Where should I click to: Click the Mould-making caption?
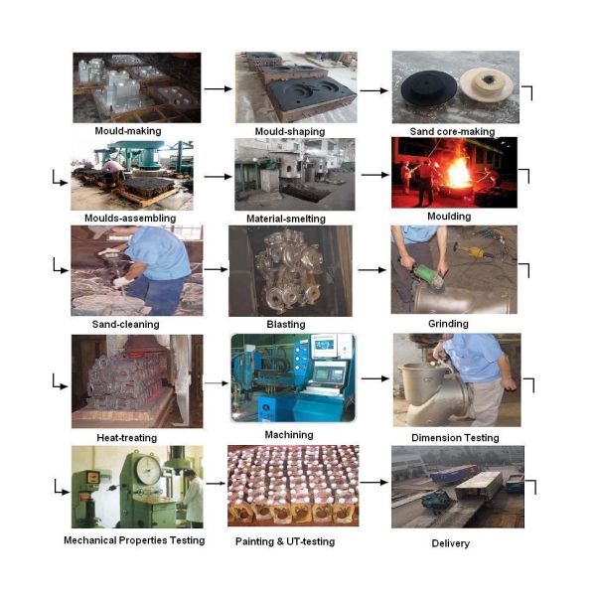[x=128, y=131]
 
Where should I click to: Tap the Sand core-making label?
[x=452, y=131]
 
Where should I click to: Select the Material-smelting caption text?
[x=286, y=219]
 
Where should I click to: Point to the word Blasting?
[x=286, y=324]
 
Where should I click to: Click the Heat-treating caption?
[x=126, y=438]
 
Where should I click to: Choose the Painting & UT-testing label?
[x=285, y=541]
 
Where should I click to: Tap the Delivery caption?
[x=450, y=543]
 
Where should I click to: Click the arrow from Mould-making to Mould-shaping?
[x=218, y=89]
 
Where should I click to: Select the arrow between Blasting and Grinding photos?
[x=372, y=270]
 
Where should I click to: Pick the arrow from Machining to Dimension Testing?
[x=375, y=378]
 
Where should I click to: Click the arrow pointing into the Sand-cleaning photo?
[x=60, y=265]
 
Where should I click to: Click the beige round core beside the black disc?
[x=486, y=84]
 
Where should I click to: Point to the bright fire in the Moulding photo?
[x=459, y=172]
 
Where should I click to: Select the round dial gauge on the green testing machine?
[x=147, y=470]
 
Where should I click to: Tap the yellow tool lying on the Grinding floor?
[x=473, y=251]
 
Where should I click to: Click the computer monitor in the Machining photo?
[x=324, y=346]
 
